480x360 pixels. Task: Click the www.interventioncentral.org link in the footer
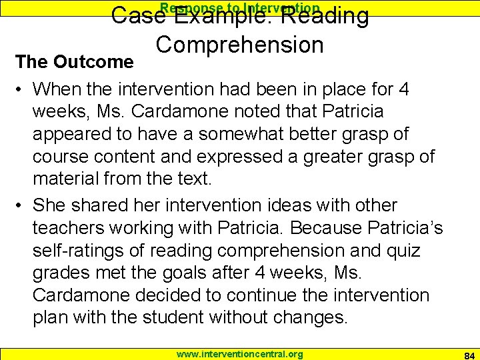click(x=239, y=354)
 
